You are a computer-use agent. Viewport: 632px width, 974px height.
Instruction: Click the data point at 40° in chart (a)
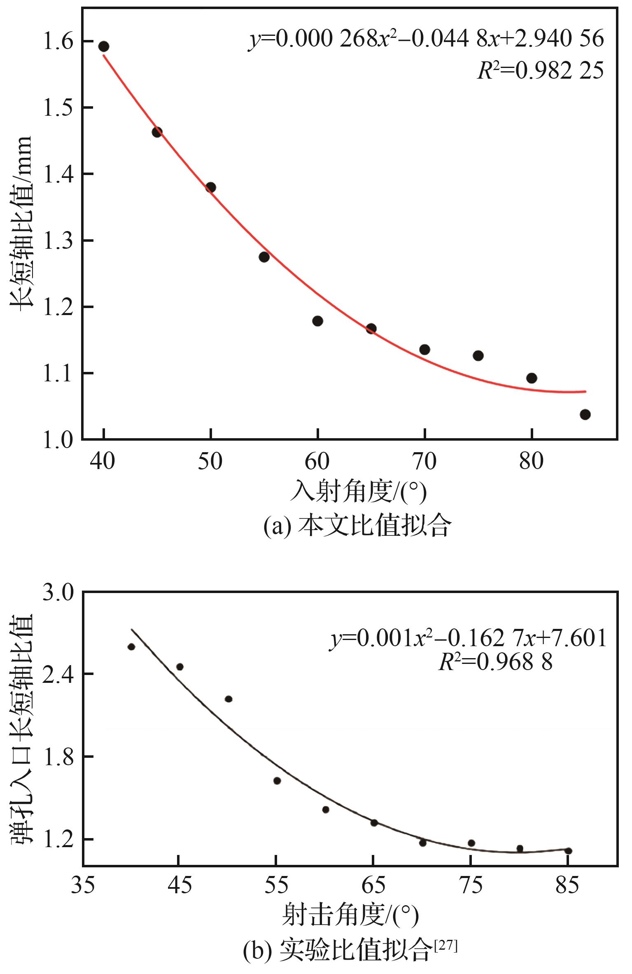[x=104, y=47]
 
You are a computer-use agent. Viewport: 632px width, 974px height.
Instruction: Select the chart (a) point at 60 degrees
[x=317, y=321]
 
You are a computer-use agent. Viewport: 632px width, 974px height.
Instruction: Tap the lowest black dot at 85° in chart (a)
[x=585, y=414]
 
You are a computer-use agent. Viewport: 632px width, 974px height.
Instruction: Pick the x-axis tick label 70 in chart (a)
[x=424, y=462]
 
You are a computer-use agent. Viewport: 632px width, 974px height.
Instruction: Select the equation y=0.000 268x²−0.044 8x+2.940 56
[x=426, y=39]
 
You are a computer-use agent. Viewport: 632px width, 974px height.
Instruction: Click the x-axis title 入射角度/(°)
[x=358, y=492]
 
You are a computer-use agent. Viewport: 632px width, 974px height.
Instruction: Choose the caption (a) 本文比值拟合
[x=357, y=526]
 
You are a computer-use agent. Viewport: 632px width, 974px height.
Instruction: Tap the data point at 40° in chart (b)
[x=131, y=647]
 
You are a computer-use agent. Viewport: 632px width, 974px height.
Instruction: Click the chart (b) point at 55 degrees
[x=277, y=781]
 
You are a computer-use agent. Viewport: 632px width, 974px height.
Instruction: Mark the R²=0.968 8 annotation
[x=495, y=663]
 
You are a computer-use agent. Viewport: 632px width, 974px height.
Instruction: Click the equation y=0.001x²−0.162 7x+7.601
[x=468, y=639]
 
